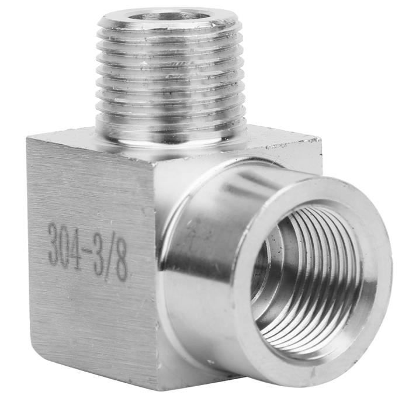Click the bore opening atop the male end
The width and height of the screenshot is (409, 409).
[169, 16]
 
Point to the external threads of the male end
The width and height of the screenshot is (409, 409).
[171, 78]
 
